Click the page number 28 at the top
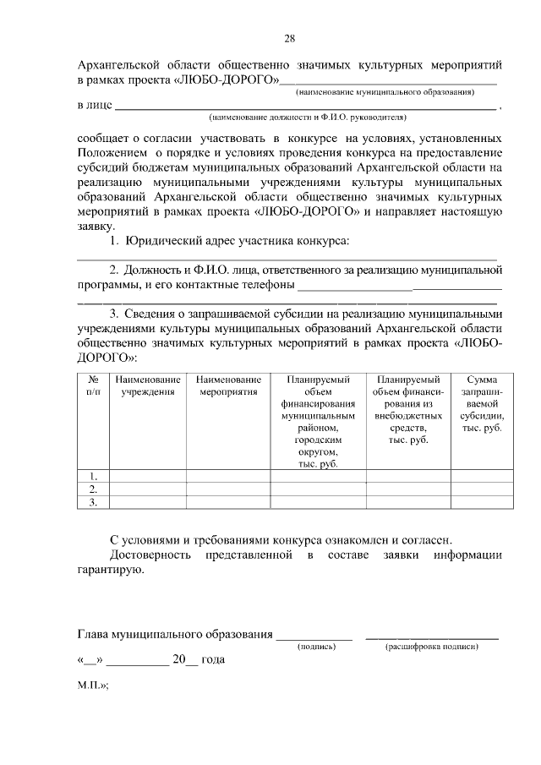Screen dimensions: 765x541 [289, 39]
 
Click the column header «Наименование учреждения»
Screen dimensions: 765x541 [148, 386]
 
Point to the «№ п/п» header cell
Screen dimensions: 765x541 [94, 386]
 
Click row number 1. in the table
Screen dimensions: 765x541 [94, 475]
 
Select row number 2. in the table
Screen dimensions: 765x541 [94, 489]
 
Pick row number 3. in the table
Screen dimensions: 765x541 [94, 503]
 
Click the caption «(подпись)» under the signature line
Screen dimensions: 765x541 [316, 646]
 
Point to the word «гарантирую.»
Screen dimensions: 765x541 [110, 571]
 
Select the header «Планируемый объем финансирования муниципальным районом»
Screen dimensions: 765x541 [318, 422]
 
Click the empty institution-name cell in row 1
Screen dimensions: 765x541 [148, 475]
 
